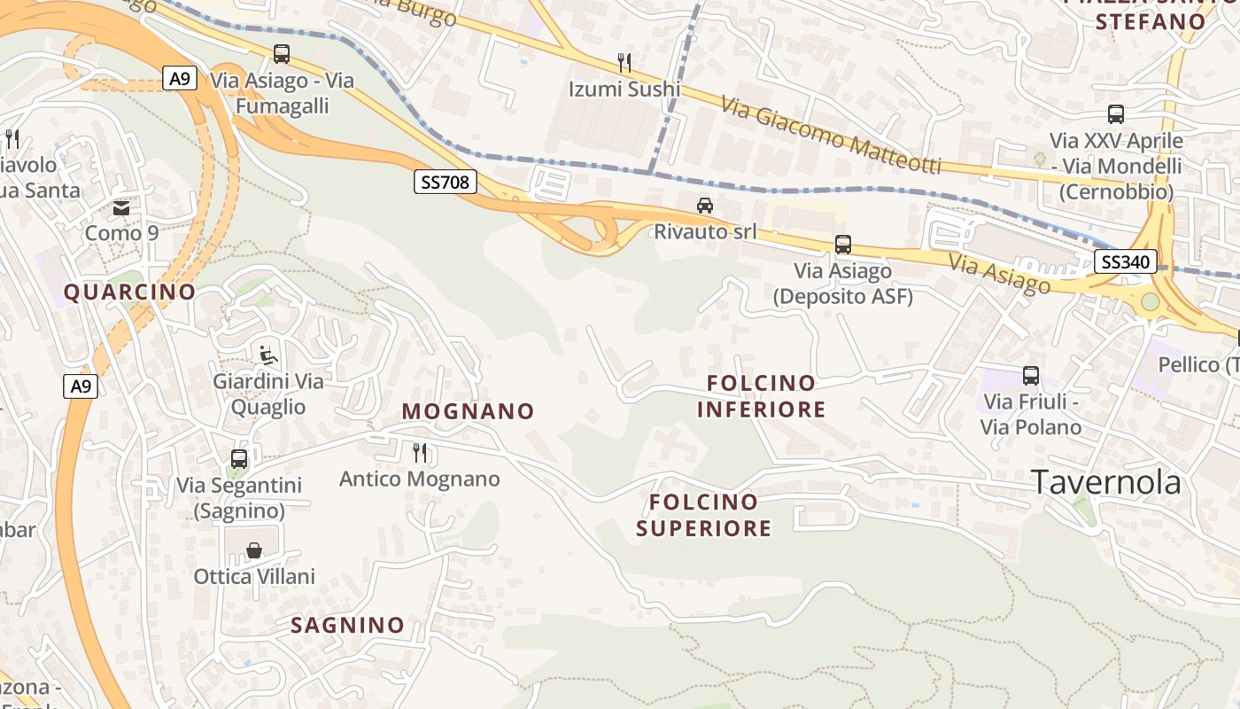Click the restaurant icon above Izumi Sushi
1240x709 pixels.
[x=624, y=62]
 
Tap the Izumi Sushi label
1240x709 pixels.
[x=624, y=89]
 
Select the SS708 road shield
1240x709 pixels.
[x=446, y=183]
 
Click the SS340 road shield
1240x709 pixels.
[x=1125, y=261]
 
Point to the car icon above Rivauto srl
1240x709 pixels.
[x=705, y=206]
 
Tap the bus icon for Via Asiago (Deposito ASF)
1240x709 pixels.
[x=843, y=245]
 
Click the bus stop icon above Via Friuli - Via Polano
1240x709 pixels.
[x=1031, y=376]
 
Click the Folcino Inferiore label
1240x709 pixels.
[x=761, y=396]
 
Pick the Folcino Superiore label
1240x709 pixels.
[x=704, y=515]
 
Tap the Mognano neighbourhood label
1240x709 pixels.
[x=468, y=411]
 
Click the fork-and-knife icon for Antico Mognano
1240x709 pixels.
[x=420, y=453]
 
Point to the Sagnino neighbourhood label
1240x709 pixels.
[x=347, y=625]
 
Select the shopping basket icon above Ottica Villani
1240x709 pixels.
[x=254, y=550]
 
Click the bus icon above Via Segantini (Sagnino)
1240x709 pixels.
[x=239, y=459]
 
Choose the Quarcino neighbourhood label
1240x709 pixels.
[x=129, y=292]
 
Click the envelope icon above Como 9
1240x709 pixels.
[x=121, y=208]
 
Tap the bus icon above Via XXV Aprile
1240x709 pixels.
[x=1116, y=114]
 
